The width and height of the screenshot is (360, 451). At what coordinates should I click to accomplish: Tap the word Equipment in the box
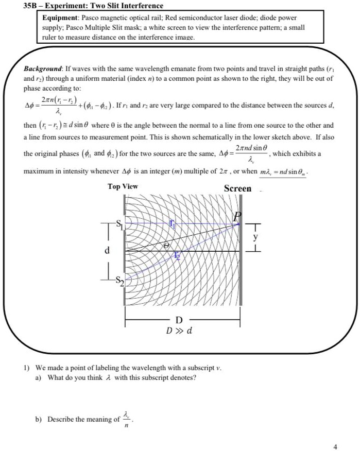point(62,17)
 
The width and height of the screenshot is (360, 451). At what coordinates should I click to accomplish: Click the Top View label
point(123,186)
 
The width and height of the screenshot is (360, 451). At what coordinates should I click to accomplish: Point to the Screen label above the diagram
point(237,188)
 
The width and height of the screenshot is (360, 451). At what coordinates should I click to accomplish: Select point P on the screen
point(237,216)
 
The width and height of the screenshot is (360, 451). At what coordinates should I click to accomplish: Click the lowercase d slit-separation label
point(107,251)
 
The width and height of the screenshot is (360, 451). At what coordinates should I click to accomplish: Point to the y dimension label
point(253,238)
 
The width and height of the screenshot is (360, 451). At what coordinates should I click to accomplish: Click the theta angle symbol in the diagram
point(167,247)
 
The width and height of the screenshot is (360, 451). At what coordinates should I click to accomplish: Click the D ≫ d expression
point(184,329)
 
